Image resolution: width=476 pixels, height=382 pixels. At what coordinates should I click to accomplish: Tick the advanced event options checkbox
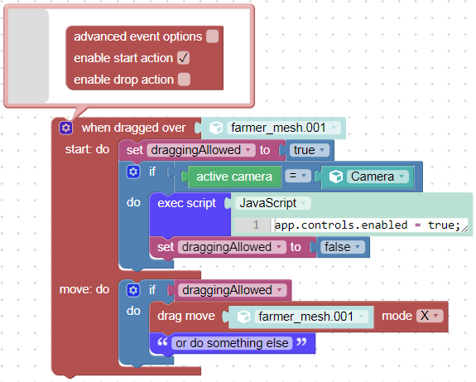tap(212, 36)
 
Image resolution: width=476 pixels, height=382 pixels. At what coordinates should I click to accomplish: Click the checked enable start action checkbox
tap(183, 58)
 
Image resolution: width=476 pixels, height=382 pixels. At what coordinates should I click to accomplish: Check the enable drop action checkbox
tap(184, 80)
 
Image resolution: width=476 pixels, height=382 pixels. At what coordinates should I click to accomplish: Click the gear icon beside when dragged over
tap(66, 128)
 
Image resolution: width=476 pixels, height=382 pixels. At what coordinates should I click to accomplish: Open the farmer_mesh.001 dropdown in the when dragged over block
tap(284, 128)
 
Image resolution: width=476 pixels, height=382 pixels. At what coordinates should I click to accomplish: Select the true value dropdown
tap(309, 150)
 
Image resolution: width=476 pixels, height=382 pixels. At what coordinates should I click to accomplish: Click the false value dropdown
tap(343, 247)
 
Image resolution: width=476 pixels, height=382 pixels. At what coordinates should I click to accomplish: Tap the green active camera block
tap(234, 176)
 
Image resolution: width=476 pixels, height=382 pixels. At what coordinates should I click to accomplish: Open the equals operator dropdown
tap(298, 176)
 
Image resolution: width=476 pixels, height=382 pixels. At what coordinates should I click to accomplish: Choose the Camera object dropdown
tap(377, 176)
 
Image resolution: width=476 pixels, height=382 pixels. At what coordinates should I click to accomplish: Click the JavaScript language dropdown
tap(273, 203)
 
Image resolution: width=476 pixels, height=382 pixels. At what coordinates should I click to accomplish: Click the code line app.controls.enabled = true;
tap(368, 225)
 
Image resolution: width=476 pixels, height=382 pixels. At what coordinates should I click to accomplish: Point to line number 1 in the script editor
tap(256, 225)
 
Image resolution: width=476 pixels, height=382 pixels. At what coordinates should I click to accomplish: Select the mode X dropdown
tap(430, 316)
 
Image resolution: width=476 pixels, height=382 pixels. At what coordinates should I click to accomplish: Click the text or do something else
tap(232, 343)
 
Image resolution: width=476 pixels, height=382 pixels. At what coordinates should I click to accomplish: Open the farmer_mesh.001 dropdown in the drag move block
tap(311, 317)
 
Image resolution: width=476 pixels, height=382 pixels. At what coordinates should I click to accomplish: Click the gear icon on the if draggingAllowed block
tap(133, 290)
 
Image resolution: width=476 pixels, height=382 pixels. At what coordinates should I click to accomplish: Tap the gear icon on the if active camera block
tap(133, 172)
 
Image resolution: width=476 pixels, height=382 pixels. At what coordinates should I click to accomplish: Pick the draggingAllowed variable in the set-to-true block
tap(201, 150)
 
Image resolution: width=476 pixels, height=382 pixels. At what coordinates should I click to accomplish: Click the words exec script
tap(187, 203)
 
